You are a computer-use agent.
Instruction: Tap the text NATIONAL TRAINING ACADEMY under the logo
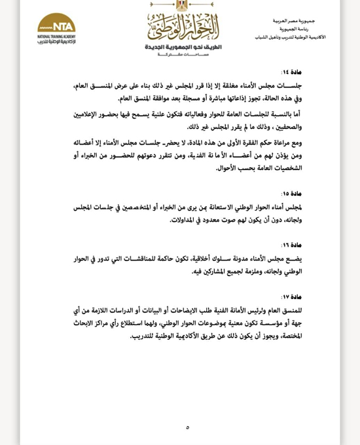[x=56, y=37]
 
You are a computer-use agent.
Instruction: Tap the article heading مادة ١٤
[x=293, y=71]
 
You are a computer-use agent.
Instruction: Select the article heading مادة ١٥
[x=293, y=194]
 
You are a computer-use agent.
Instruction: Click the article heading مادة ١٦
[x=293, y=245]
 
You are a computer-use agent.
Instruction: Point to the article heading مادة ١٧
[x=293, y=296]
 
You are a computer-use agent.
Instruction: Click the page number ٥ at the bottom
[x=187, y=427]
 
